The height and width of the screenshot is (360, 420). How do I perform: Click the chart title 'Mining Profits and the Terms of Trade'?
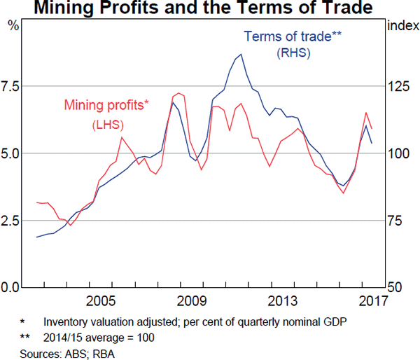tap(210, 9)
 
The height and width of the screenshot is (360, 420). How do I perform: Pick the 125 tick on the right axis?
tap(399, 86)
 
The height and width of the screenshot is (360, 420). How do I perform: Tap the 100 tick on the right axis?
tap(399, 153)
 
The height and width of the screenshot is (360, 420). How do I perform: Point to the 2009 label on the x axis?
tap(192, 303)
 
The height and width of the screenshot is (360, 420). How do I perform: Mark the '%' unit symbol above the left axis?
tap(13, 26)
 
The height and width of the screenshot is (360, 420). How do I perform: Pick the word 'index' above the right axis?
tap(400, 26)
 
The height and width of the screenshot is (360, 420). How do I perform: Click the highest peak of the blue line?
tap(241, 54)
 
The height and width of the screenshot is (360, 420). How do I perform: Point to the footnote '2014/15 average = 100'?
tap(98, 337)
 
